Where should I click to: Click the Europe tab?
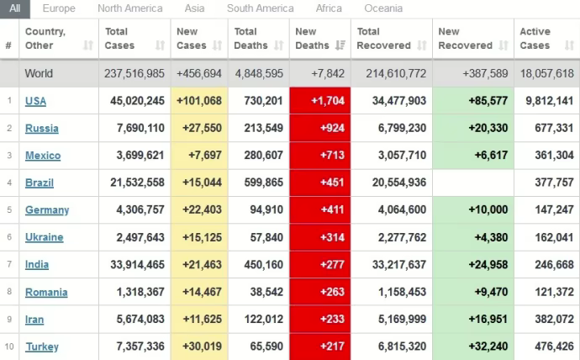[x=59, y=8]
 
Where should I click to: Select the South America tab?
[x=260, y=8]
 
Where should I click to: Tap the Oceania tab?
[x=383, y=8]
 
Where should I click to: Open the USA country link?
[x=35, y=101]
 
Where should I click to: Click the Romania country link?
[x=46, y=292]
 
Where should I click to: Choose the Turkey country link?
[x=41, y=347]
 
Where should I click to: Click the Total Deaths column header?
[x=252, y=39]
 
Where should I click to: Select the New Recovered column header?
[x=465, y=39]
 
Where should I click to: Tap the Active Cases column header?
[x=535, y=39]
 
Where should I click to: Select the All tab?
[x=15, y=8]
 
